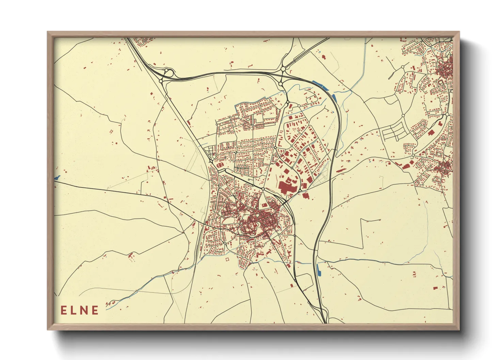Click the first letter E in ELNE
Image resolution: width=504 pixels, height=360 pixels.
(64, 310)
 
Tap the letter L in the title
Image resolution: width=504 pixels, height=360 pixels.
(74, 310)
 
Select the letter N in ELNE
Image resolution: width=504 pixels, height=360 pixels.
(84, 310)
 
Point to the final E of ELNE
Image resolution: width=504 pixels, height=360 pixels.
(95, 310)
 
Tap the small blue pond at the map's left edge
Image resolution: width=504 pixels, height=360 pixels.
(57, 177)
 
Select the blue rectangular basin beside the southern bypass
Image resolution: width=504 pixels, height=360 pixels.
(319, 269)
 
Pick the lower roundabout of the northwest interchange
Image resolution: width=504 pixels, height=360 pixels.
(161, 81)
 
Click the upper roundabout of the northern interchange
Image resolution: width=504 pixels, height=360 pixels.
(283, 69)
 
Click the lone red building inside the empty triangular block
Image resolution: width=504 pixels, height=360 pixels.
(264, 205)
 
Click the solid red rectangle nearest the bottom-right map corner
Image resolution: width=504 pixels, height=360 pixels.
(435, 288)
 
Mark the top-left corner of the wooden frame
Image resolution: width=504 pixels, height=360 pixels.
(48, 32)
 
